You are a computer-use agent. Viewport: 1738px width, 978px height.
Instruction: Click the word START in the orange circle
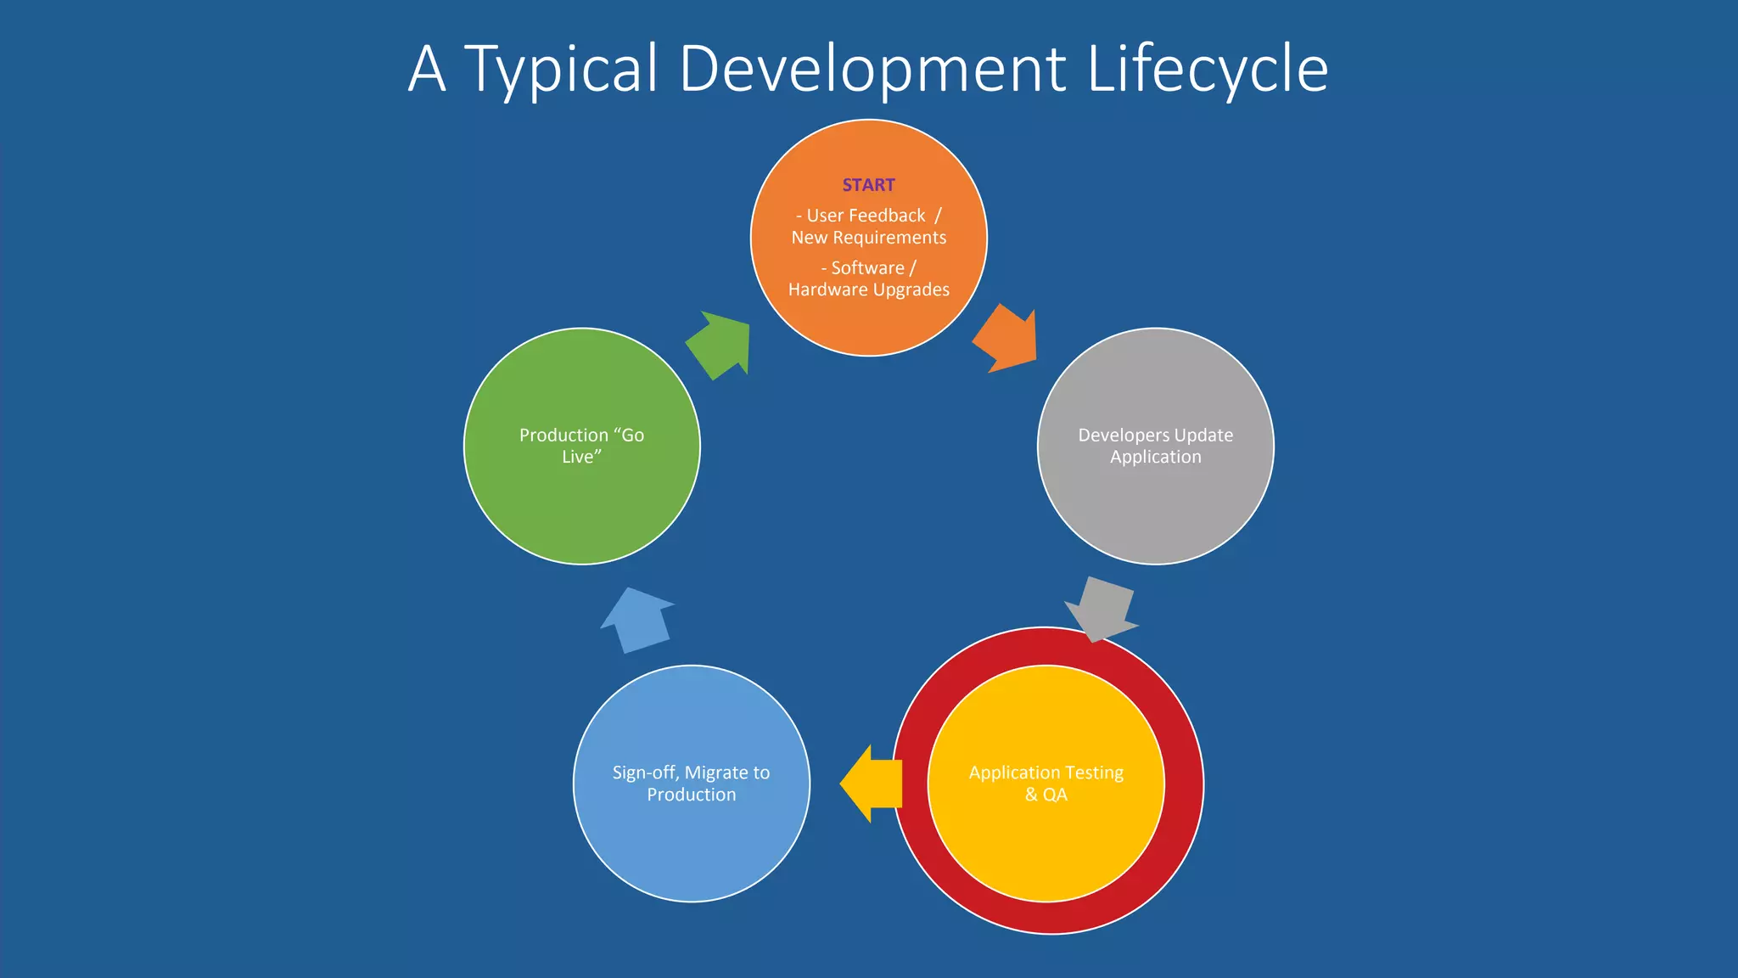click(x=868, y=185)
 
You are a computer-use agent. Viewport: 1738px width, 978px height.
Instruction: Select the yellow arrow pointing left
click(x=872, y=784)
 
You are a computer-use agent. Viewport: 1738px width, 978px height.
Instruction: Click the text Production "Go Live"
click(x=581, y=446)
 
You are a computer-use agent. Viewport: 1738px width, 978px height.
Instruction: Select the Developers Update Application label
click(x=1155, y=446)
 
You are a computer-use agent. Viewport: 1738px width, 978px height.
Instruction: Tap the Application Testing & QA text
click(x=1046, y=784)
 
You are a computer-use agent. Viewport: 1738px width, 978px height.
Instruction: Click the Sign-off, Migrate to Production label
click(x=691, y=784)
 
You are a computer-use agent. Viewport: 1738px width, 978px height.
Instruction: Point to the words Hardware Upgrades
click(x=868, y=289)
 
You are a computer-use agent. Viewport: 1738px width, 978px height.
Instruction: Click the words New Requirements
click(x=868, y=238)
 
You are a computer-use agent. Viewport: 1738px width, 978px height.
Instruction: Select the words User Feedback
click(x=866, y=216)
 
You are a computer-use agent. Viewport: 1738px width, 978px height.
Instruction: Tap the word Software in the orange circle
click(x=867, y=268)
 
